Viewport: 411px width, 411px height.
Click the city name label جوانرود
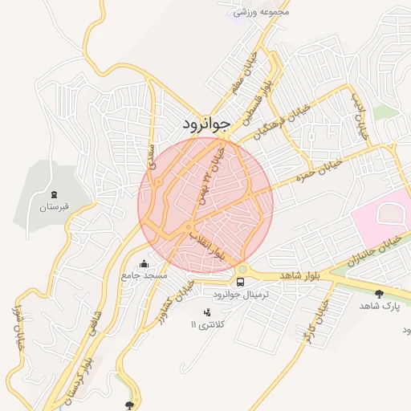tap(201, 124)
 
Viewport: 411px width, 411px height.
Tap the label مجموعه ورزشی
tap(261, 12)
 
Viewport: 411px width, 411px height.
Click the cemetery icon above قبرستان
tap(54, 194)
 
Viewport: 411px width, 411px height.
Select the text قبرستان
tap(55, 207)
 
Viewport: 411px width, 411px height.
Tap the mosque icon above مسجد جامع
tap(144, 263)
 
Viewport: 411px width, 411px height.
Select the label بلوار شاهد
tap(300, 275)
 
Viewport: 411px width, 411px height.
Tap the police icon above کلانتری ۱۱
tap(207, 311)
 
